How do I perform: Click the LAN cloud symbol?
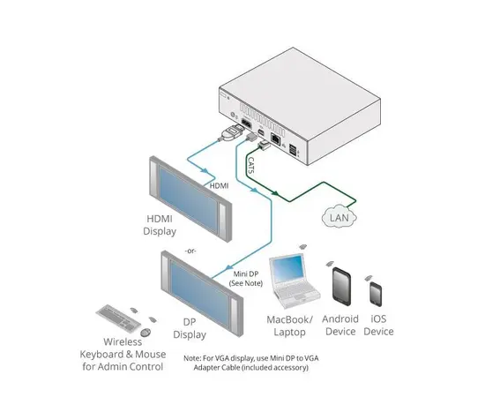click(x=339, y=215)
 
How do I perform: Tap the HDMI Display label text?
click(x=160, y=226)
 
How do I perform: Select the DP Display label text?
click(x=188, y=328)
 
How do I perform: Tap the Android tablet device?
click(x=341, y=285)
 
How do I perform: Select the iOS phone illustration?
click(x=377, y=293)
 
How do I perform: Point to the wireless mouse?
click(x=145, y=331)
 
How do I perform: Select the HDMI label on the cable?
click(x=220, y=187)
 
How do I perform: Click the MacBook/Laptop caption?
click(x=290, y=325)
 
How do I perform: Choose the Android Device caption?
click(x=341, y=325)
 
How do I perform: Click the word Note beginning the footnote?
click(x=194, y=357)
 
